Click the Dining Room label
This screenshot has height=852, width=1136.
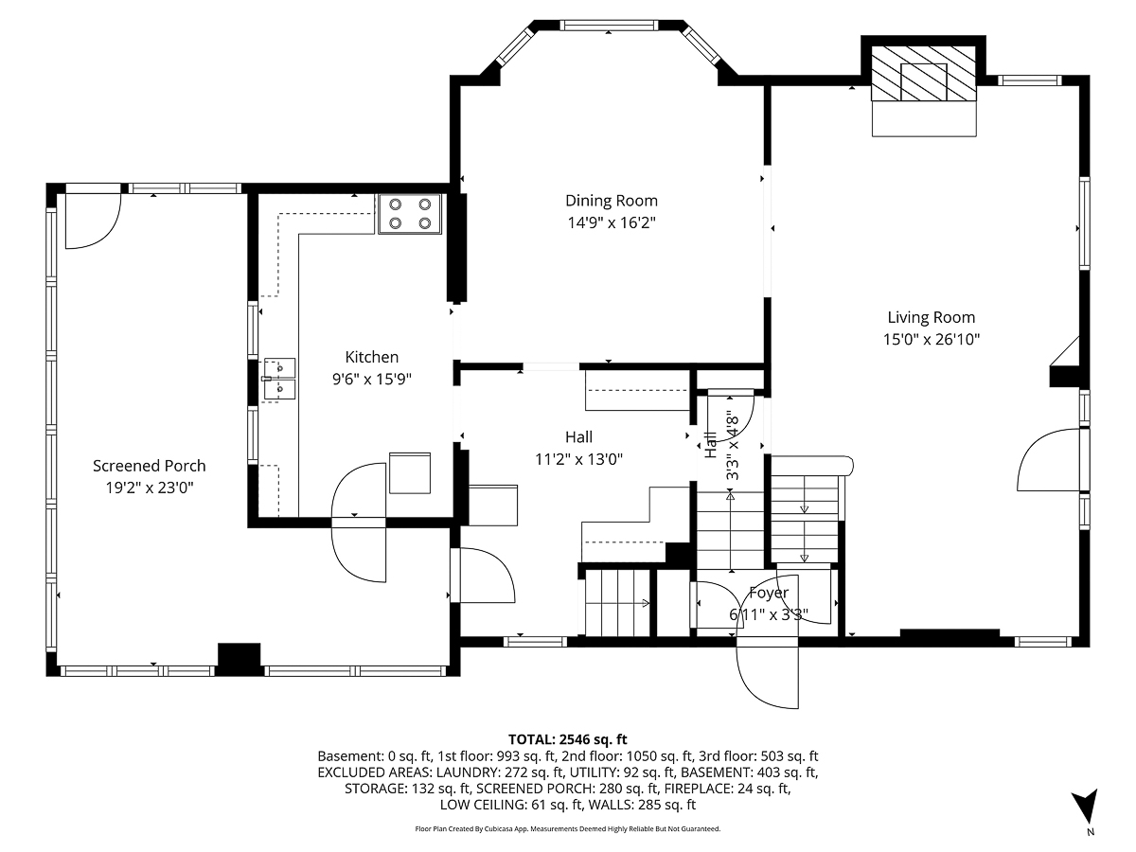click(x=611, y=201)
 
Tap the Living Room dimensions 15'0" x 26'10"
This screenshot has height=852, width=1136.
click(x=931, y=339)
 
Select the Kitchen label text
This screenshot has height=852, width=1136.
click(x=371, y=357)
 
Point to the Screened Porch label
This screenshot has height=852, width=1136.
click(x=149, y=466)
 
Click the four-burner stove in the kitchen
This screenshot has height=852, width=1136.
click(x=410, y=213)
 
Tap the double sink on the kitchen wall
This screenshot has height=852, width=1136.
click(x=278, y=378)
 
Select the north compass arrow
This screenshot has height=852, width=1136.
click(x=1090, y=808)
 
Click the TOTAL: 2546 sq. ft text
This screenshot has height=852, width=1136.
click(x=568, y=739)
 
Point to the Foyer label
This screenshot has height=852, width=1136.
click(x=768, y=594)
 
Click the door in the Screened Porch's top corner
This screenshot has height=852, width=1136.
click(x=91, y=221)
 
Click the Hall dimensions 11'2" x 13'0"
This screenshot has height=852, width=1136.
click(x=578, y=458)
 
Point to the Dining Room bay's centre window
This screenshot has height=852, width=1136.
click(x=610, y=25)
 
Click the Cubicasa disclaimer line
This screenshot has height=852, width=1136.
click(x=568, y=828)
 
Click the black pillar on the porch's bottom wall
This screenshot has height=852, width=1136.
click(x=239, y=659)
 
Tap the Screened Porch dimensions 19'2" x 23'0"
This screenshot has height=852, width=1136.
click(x=149, y=488)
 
